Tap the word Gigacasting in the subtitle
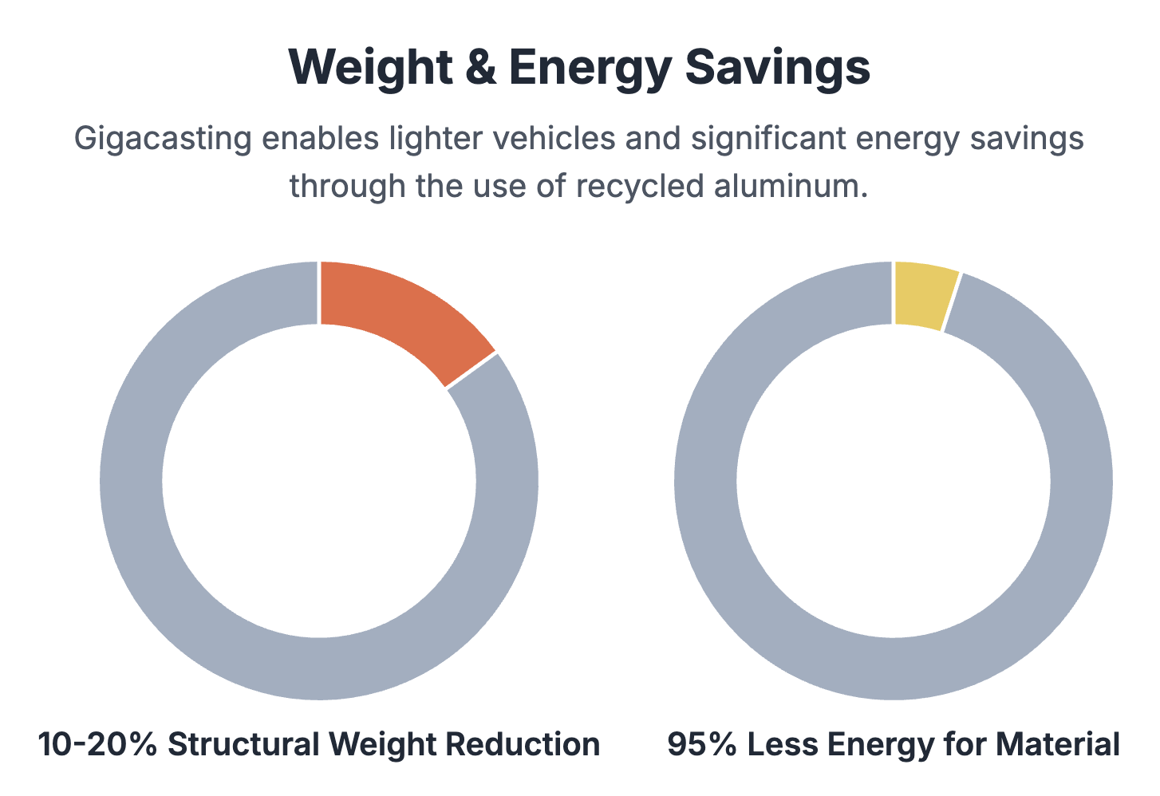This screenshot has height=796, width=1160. [163, 139]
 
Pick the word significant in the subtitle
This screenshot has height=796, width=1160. [766, 139]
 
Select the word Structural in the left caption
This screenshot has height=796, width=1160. [243, 745]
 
